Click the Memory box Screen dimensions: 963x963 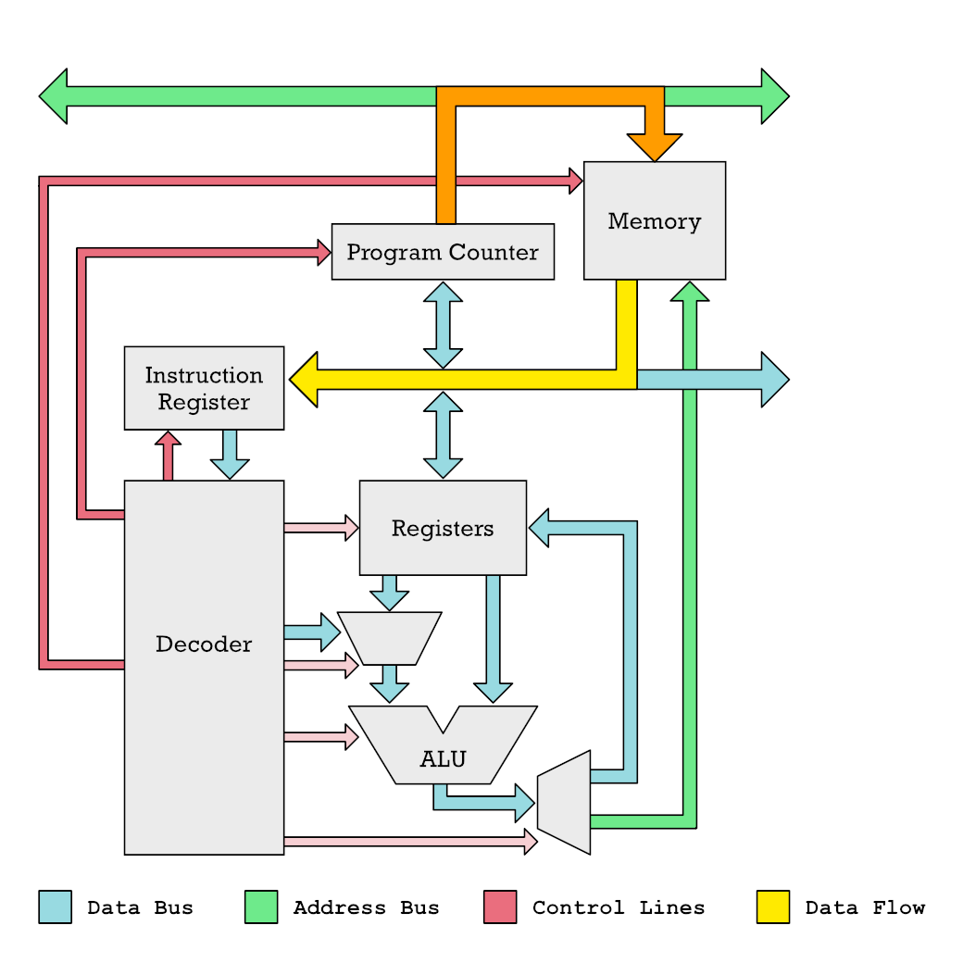point(654,220)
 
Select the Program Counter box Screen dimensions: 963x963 point(443,252)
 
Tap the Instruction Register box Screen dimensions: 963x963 point(204,388)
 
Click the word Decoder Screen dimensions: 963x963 point(204,644)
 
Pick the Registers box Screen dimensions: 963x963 point(443,528)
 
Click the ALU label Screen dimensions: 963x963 point(443,759)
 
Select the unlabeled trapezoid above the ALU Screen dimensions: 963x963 point(389,638)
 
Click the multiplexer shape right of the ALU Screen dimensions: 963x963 point(564,802)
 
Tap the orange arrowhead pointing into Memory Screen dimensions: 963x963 point(655,146)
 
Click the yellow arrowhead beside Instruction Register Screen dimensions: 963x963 point(305,380)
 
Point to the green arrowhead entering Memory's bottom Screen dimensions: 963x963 point(690,292)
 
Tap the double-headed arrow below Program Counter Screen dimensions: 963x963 point(443,324)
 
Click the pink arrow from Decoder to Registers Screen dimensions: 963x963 point(320,528)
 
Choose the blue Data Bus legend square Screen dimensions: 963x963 point(55,907)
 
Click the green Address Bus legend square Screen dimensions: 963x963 point(261,907)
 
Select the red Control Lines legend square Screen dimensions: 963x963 point(500,907)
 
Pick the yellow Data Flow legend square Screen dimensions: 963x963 point(773,907)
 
